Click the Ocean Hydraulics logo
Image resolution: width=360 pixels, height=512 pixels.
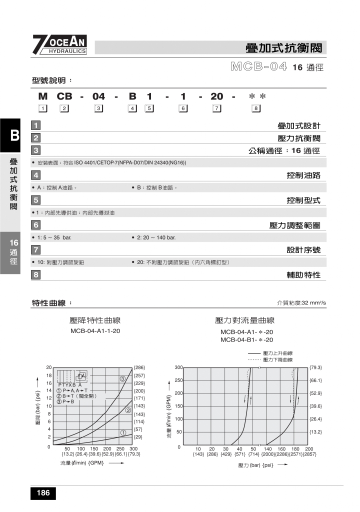pos(59,45)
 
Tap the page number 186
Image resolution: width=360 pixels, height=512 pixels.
pos(43,493)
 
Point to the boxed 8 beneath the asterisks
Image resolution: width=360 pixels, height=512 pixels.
pos(256,108)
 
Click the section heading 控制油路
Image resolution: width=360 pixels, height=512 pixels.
pos(303,175)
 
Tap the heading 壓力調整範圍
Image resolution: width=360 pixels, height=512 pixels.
pos(295,225)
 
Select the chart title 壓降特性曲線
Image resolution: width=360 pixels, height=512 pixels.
pos(95,320)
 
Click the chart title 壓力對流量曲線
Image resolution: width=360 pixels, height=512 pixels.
pos(244,320)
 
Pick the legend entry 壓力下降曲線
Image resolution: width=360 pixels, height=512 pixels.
pos(277,360)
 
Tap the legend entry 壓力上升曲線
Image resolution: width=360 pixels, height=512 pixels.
pos(277,353)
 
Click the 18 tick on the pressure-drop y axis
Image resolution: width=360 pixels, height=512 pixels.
pos(48,375)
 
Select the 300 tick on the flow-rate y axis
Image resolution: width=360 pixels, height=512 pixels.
pos(178,367)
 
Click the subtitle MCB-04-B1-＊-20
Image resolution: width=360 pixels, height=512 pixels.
pos(246,340)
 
